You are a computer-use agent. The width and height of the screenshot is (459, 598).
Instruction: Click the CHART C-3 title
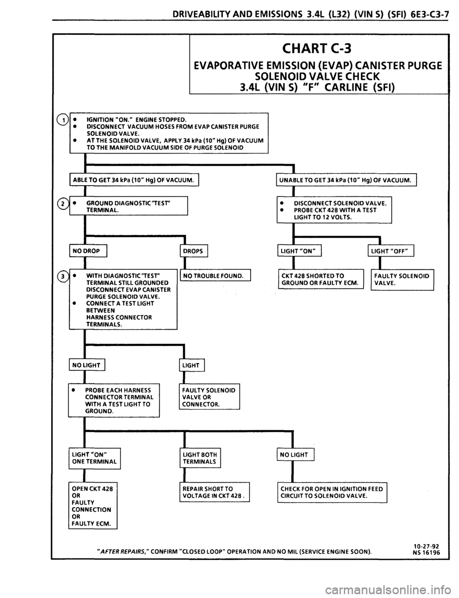(317, 49)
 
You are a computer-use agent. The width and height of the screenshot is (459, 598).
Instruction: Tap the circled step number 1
(63, 120)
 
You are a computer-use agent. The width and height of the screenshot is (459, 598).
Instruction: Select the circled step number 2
(63, 204)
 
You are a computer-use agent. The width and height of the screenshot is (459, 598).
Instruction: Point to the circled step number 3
(63, 276)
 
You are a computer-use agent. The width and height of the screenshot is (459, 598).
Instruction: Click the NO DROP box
(88, 251)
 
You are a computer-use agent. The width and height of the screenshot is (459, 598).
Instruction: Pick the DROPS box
(194, 251)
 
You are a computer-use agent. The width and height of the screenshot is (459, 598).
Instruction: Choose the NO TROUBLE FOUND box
(215, 275)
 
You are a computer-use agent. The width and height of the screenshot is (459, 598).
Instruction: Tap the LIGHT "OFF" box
(391, 251)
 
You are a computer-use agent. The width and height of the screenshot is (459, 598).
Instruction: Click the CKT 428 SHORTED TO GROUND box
(321, 279)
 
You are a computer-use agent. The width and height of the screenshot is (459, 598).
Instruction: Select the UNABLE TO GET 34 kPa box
(346, 180)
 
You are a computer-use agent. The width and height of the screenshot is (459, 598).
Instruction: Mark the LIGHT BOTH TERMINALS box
(200, 458)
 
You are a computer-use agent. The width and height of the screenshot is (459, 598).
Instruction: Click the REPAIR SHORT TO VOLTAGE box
(215, 492)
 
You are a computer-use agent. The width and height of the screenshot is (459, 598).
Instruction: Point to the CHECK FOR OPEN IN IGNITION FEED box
(332, 492)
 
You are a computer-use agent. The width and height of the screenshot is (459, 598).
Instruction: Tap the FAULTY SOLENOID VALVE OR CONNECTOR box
(209, 397)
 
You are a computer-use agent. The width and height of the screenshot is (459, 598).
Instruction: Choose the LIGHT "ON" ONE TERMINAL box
(95, 458)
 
